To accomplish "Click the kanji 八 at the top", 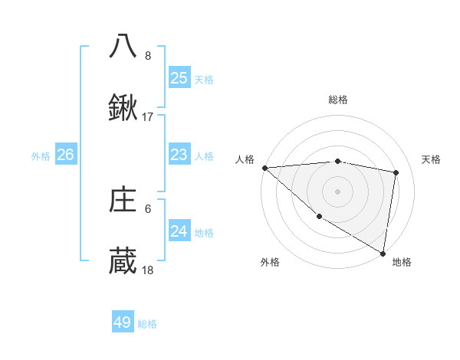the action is click(123, 46).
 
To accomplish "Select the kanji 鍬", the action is click(123, 110).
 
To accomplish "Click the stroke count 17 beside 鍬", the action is click(148, 117).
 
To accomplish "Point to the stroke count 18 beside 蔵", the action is click(148, 270).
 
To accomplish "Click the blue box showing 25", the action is click(179, 78).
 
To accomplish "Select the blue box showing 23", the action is click(179, 155).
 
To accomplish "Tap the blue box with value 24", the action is click(179, 231).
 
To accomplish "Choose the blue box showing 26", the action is click(65, 155).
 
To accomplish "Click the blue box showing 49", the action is click(123, 322).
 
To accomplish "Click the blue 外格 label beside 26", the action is click(41, 156).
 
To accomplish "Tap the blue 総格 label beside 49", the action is click(147, 324).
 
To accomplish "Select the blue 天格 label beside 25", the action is click(203, 80).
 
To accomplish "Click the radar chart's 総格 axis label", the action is click(338, 100).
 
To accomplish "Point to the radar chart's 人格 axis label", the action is click(245, 159).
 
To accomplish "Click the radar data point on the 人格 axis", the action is click(264, 167).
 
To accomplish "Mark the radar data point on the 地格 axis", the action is click(383, 253).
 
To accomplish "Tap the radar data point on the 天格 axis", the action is click(396, 172).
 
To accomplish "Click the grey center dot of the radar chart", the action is click(337, 191).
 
